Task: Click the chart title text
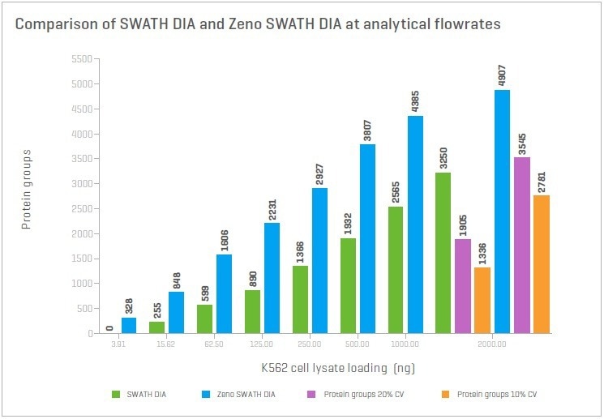point(257,24)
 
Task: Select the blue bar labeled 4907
point(502,212)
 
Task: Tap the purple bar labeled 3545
point(522,246)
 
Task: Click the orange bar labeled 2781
point(541,264)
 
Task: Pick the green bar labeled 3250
point(443,253)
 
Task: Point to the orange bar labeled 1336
point(482,300)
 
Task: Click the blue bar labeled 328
point(129,325)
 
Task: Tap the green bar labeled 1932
point(347,285)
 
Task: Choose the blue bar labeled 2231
point(272,278)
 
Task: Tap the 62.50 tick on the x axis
point(214,344)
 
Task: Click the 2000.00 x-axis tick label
point(491,344)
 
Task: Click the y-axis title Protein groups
point(26,189)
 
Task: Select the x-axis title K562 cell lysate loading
point(337,367)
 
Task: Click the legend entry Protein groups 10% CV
point(495,395)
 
